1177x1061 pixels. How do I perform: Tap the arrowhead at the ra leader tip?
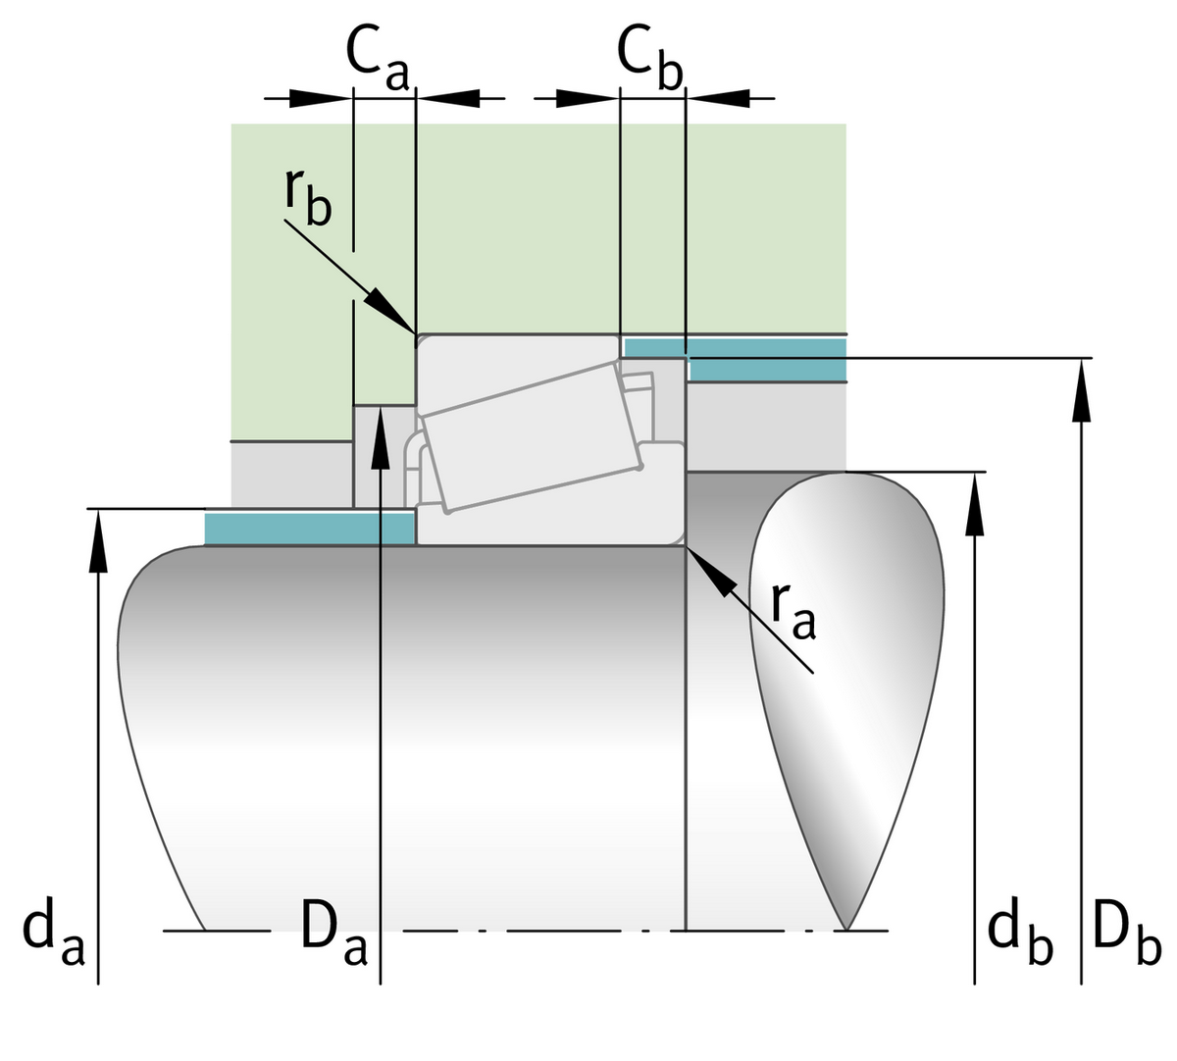point(711,572)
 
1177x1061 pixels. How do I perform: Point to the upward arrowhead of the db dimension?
point(974,504)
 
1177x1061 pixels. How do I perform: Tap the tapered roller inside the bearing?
point(530,436)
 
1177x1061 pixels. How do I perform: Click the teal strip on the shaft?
point(309,528)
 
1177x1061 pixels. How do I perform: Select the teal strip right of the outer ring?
point(765,359)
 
